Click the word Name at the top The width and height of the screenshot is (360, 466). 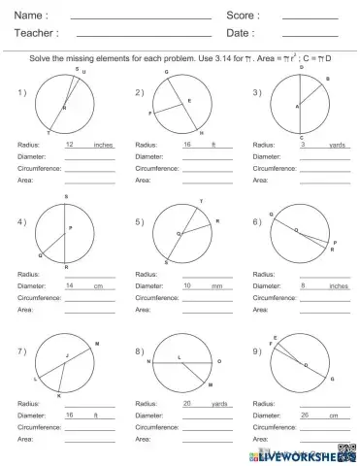point(30,16)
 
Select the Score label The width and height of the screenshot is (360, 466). point(243,16)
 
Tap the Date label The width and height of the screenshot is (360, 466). point(240,33)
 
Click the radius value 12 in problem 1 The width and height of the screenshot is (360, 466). point(70,144)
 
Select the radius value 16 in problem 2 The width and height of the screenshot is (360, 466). point(187,144)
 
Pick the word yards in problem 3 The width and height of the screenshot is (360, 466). point(337,144)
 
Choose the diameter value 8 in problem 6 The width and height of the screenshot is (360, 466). point(304,286)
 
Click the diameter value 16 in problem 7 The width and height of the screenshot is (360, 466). point(70,416)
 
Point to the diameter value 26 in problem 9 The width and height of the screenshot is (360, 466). point(305,416)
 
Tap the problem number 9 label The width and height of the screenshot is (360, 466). point(257,350)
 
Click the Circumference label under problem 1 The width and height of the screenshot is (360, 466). point(39,168)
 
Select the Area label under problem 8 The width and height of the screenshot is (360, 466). point(143,440)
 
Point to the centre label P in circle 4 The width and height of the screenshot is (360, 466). point(70,229)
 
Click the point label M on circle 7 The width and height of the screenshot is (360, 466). point(97,343)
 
